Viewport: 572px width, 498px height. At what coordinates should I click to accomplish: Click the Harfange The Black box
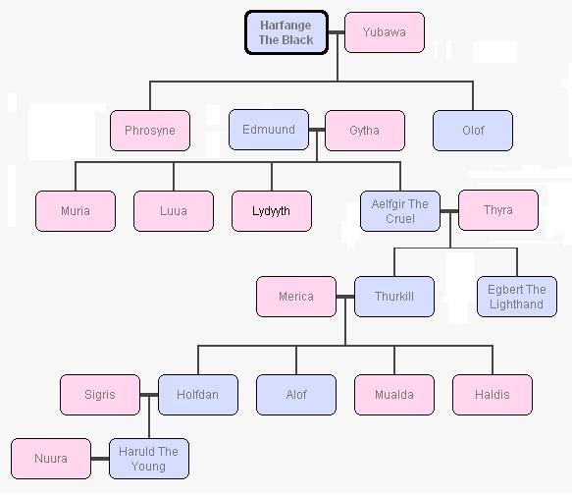pyautogui.click(x=286, y=32)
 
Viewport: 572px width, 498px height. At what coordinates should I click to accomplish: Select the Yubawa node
pyautogui.click(x=385, y=32)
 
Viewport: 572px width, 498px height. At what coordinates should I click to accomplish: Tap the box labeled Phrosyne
pyautogui.click(x=150, y=131)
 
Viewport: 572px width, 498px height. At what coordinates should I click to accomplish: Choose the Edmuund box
pyautogui.click(x=269, y=130)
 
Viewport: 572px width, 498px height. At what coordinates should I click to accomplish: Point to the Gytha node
pyautogui.click(x=365, y=131)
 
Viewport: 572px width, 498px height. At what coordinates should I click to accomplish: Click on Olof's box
pyautogui.click(x=473, y=131)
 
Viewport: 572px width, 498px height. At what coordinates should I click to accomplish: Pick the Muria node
pyautogui.click(x=76, y=211)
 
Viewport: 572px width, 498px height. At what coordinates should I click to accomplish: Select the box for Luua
pyautogui.click(x=174, y=211)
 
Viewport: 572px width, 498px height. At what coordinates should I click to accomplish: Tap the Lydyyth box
pyautogui.click(x=272, y=211)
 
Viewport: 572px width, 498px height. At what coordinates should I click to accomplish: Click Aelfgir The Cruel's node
pyautogui.click(x=400, y=211)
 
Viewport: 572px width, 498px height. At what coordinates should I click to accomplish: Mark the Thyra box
pyautogui.click(x=498, y=210)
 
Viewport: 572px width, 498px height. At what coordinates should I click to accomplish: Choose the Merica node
pyautogui.click(x=296, y=297)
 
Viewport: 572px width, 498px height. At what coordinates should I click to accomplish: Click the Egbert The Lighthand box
pyautogui.click(x=517, y=297)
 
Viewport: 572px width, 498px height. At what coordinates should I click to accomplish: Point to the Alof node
pyautogui.click(x=296, y=395)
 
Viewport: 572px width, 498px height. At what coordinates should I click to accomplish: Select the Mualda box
pyautogui.click(x=394, y=395)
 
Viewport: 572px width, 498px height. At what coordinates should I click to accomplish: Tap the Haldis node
pyautogui.click(x=493, y=395)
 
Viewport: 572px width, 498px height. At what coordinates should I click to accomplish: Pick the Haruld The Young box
pyautogui.click(x=149, y=459)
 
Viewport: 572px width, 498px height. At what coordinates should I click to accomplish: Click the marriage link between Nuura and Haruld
pyautogui.click(x=100, y=459)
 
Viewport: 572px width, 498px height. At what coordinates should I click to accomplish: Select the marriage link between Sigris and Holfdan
pyautogui.click(x=149, y=395)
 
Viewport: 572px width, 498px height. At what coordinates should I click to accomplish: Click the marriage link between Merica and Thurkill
pyautogui.click(x=345, y=297)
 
